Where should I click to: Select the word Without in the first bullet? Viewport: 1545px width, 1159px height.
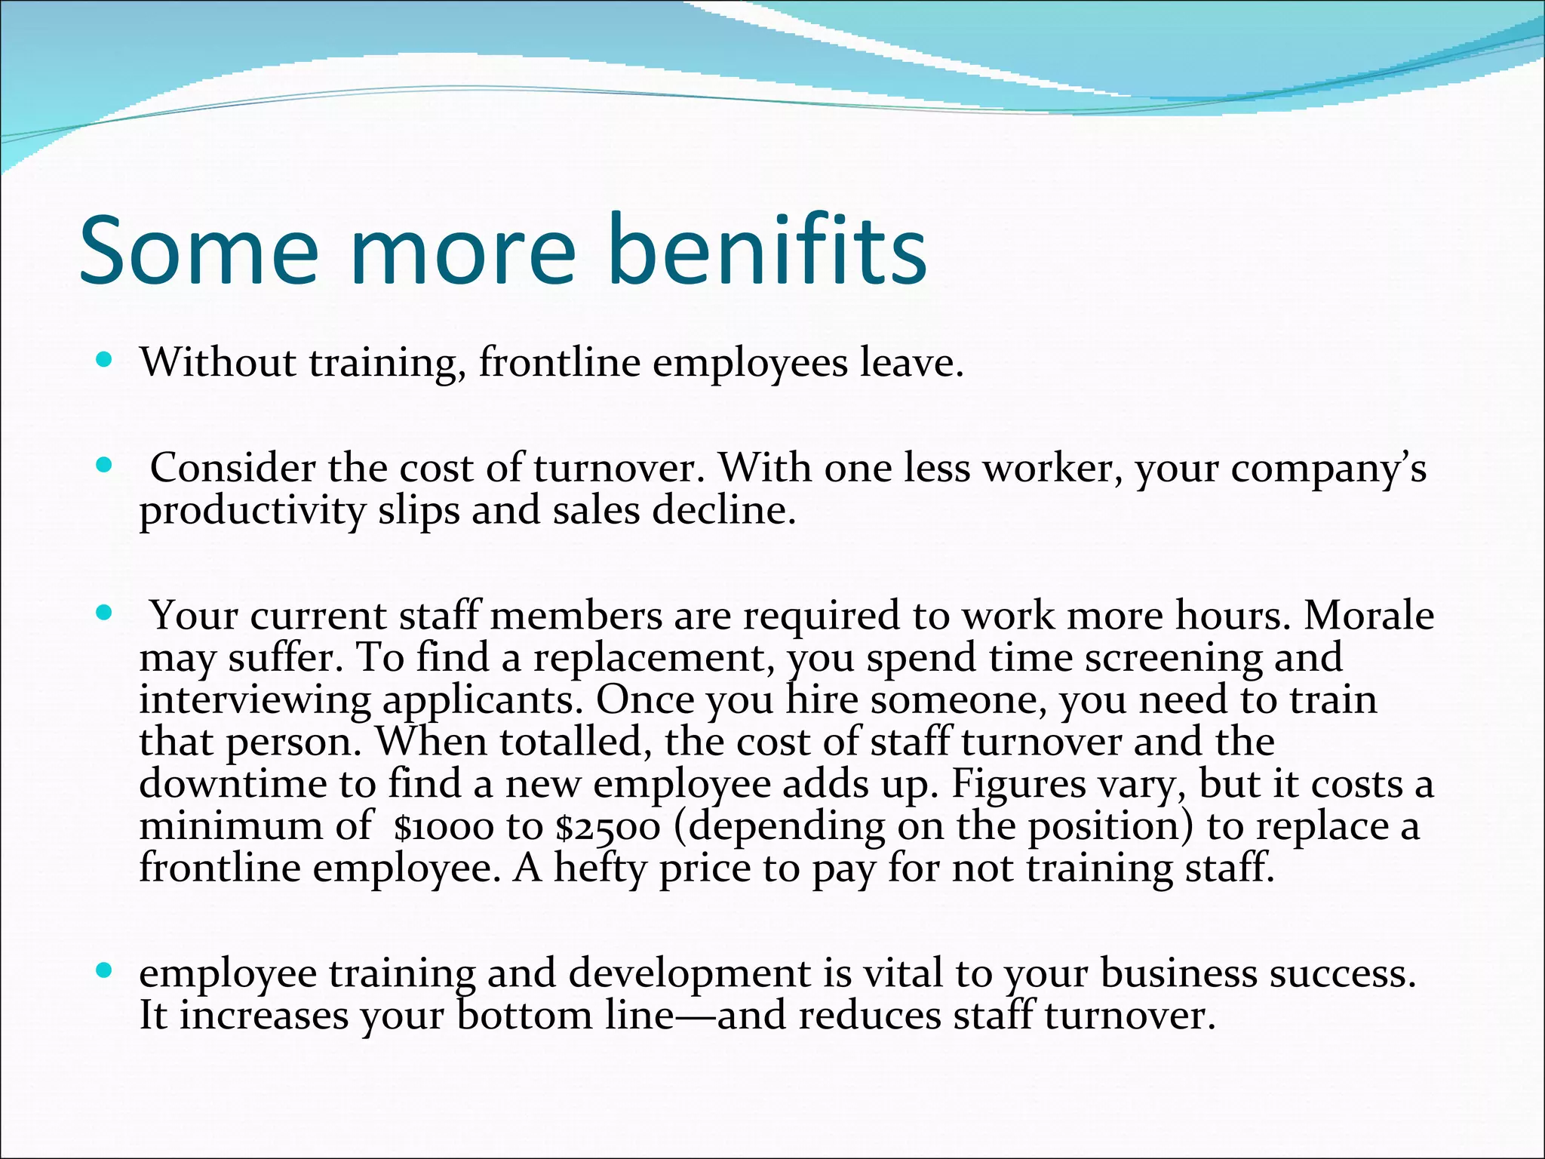[x=218, y=362]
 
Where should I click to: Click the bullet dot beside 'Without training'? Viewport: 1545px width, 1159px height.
[x=105, y=359]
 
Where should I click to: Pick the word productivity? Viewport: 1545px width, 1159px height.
[x=252, y=512]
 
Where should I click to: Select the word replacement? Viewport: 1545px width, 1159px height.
[x=650, y=658]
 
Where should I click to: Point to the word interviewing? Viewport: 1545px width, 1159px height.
[x=255, y=700]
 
